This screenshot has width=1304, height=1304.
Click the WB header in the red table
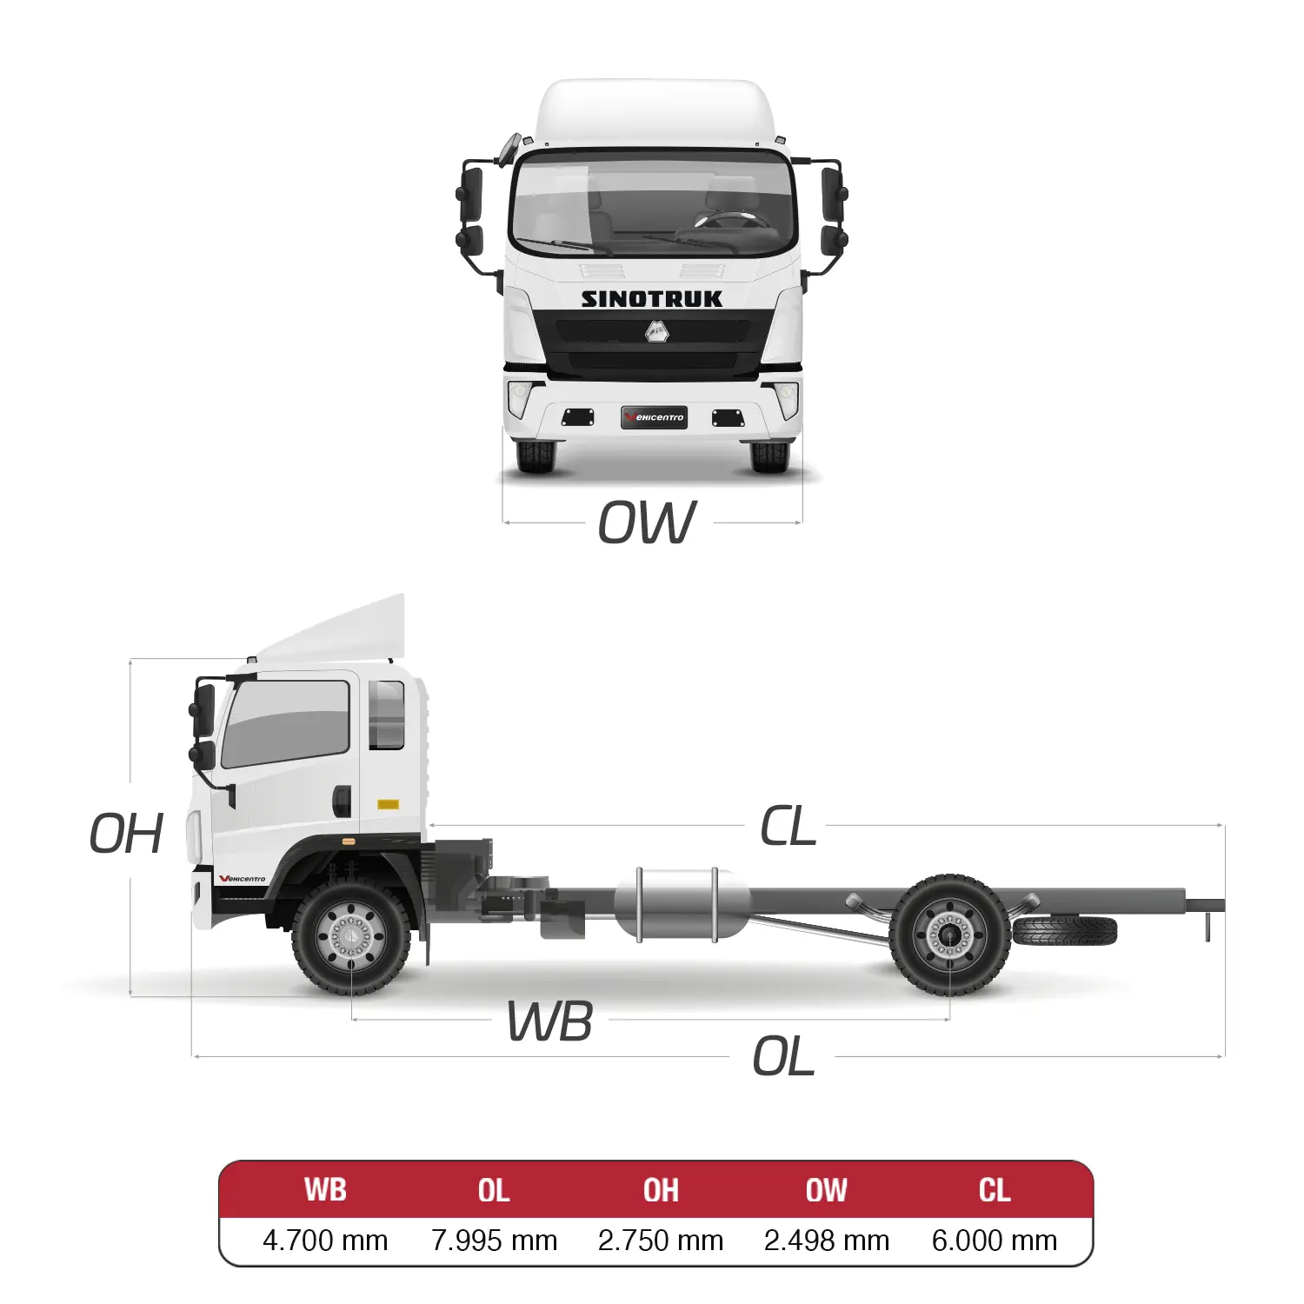(x=325, y=1189)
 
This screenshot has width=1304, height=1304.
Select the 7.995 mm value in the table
(x=494, y=1241)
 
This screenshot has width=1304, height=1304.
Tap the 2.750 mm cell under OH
(x=661, y=1241)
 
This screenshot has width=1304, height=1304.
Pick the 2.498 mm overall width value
(x=827, y=1241)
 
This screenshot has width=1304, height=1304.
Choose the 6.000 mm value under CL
(x=995, y=1241)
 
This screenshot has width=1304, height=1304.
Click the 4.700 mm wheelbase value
(x=325, y=1241)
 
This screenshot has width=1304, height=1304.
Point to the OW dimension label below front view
(x=647, y=522)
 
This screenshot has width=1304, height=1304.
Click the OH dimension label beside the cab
(x=126, y=834)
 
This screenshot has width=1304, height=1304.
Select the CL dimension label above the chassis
(x=788, y=826)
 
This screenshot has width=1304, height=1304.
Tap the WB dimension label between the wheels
(x=550, y=1021)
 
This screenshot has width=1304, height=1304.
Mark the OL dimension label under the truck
(x=783, y=1057)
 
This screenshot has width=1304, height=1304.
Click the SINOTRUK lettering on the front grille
(x=652, y=299)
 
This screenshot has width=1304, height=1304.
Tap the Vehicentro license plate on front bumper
(x=655, y=417)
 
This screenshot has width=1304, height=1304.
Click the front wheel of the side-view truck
(x=351, y=937)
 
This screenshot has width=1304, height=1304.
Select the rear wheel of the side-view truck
(x=949, y=935)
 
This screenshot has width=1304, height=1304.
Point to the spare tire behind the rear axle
(x=1065, y=931)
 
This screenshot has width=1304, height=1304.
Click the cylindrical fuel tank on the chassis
(x=682, y=903)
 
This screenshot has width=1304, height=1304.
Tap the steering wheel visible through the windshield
(x=735, y=219)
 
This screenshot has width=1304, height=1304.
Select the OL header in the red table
(x=494, y=1189)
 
